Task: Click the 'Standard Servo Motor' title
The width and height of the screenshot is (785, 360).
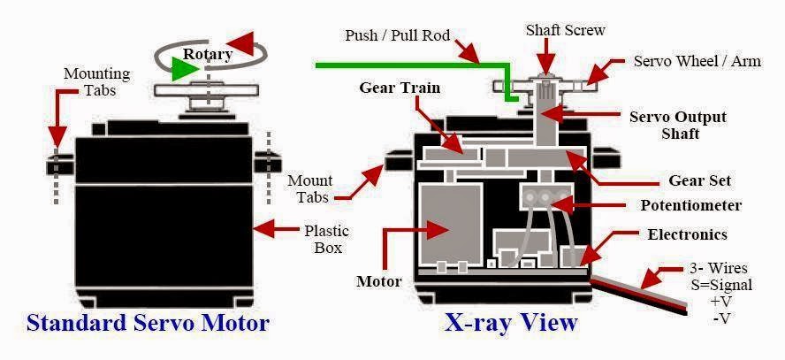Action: pos(148,322)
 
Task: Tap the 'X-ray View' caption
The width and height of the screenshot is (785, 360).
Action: pos(512,322)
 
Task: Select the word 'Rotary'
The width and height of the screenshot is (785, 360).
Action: pos(208,55)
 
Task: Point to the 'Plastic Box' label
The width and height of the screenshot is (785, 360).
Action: pos(327,240)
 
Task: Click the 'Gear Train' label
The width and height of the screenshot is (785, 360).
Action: pos(399,88)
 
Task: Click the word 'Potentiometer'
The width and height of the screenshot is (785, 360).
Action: pos(690,206)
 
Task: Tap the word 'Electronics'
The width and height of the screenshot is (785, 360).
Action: pos(687,234)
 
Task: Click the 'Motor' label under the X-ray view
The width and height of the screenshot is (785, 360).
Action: pos(378,282)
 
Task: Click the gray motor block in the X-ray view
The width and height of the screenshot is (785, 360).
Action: pos(447,226)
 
